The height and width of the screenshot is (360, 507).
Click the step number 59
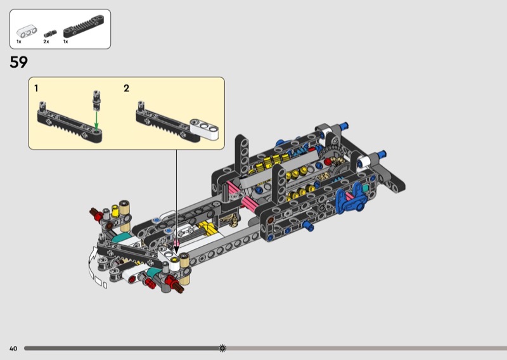(x=19, y=62)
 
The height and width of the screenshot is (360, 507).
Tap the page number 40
(x=13, y=349)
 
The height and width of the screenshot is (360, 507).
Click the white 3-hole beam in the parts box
(x=27, y=32)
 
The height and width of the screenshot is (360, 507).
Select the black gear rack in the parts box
(x=84, y=26)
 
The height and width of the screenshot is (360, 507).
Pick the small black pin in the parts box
(x=50, y=34)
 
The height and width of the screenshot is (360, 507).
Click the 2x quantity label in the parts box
(x=46, y=42)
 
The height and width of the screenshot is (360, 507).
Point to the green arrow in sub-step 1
(x=96, y=120)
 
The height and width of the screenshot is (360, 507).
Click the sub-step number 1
(x=36, y=88)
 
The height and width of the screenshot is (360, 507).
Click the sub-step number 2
(x=126, y=88)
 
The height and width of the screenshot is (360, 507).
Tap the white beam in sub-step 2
(x=204, y=129)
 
